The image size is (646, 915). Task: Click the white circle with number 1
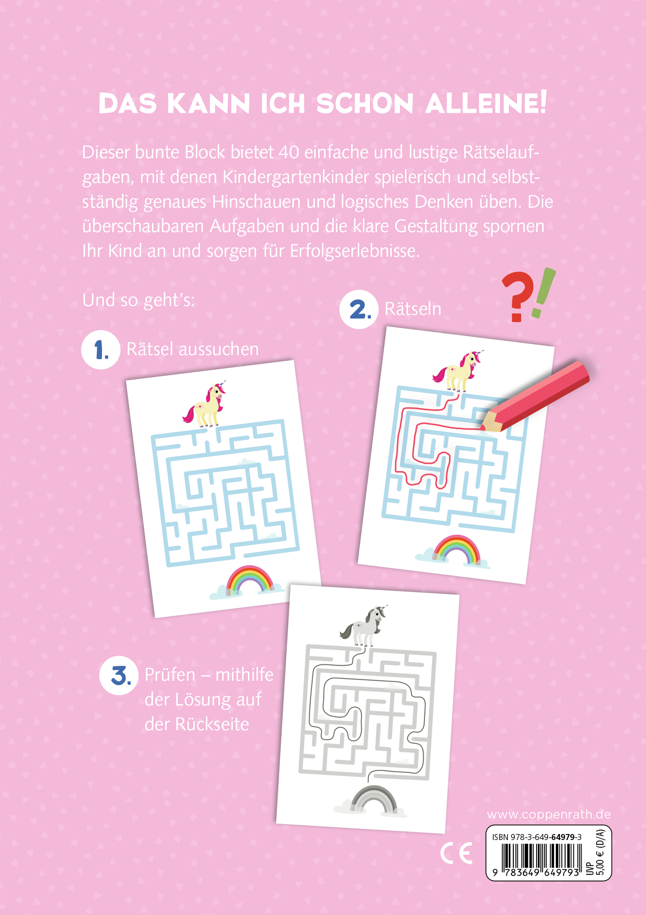pos(101,350)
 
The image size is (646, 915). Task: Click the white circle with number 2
pos(359,309)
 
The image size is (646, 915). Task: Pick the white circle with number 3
pos(119,676)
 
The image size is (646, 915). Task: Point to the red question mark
pos(517,297)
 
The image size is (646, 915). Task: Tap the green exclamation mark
pos(544,293)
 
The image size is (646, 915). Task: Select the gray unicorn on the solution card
pos(365,624)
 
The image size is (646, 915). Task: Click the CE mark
pos(456,853)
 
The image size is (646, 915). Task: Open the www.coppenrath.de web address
pos(549,814)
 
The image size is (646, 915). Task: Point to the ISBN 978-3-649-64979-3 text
pos(537,837)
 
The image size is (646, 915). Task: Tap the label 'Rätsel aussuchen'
pos(193,349)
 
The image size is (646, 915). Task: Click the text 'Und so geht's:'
pos(138,301)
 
